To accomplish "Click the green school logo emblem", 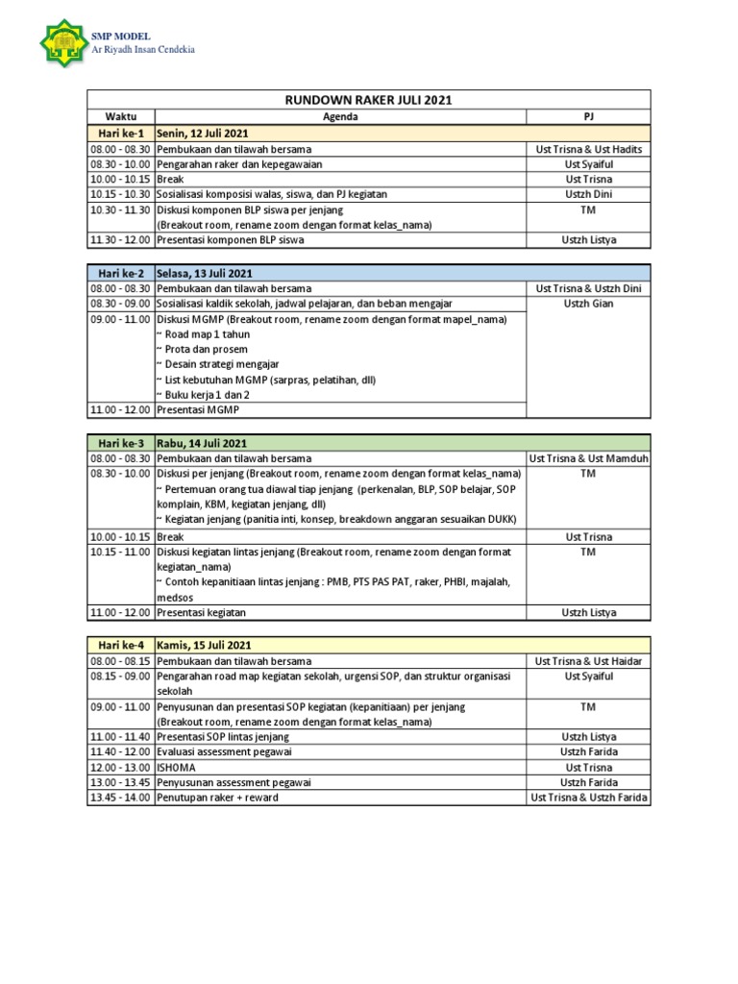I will point(62,43).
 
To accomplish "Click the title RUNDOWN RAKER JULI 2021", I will point(369,99).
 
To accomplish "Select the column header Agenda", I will point(340,116).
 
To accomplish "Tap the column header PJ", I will point(588,116).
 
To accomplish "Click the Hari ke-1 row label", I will point(120,133).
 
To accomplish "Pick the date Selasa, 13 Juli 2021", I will point(205,273).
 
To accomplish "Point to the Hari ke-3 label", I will point(120,443).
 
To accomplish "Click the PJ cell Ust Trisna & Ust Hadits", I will point(588,149).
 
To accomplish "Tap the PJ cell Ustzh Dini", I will point(588,194).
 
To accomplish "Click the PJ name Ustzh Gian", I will point(588,304).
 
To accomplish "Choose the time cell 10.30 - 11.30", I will point(120,209).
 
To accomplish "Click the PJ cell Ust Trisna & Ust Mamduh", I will point(588,458).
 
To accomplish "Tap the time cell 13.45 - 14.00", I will point(120,798).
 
